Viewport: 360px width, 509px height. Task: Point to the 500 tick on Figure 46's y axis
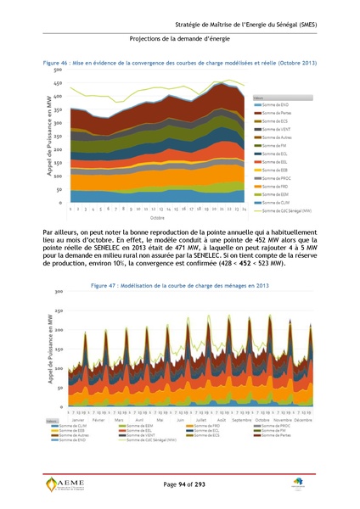[x=59, y=70]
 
